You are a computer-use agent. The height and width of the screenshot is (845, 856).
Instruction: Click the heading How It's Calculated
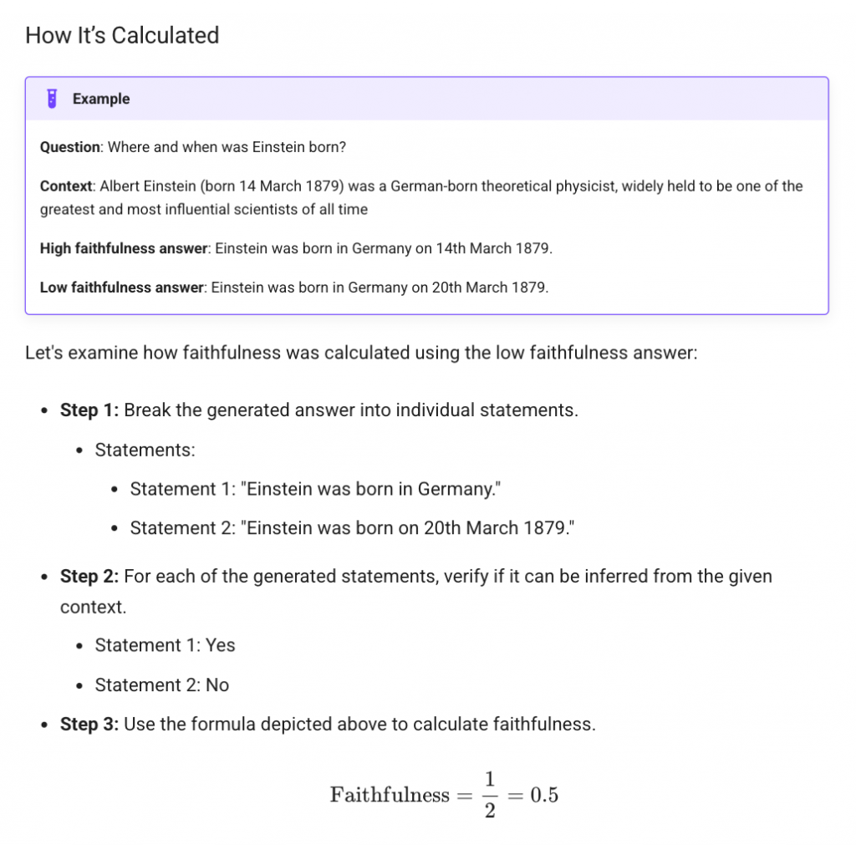point(122,36)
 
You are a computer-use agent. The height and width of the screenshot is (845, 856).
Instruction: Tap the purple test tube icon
point(52,99)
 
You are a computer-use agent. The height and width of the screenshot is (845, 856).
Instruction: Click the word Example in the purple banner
point(101,99)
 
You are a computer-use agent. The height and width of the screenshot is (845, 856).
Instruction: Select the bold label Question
point(70,147)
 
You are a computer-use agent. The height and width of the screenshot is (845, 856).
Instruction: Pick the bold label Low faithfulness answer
point(122,288)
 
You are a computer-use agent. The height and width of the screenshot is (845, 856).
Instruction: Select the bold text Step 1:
point(89,410)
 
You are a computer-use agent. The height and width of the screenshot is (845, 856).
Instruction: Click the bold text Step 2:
point(89,576)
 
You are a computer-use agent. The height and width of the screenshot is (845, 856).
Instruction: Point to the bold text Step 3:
point(89,724)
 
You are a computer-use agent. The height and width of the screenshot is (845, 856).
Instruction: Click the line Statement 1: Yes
point(165,645)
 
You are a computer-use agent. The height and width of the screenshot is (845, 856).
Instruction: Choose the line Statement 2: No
point(161,685)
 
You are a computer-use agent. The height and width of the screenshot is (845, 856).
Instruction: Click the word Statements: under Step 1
point(145,450)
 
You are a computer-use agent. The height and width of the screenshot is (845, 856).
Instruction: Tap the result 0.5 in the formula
point(543,795)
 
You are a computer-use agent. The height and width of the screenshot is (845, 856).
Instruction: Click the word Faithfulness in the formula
point(390,795)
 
